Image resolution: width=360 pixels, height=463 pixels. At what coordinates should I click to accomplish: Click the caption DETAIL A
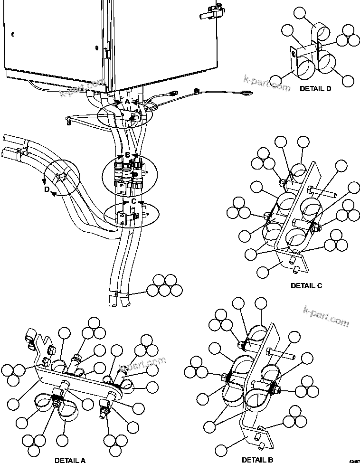click(70, 460)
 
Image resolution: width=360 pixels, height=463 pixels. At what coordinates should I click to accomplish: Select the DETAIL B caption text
click(257, 460)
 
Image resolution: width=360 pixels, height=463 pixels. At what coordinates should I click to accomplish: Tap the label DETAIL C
click(306, 285)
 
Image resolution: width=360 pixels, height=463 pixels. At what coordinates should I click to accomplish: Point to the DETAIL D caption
click(315, 88)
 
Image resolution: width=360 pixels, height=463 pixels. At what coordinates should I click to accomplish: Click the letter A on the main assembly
click(127, 102)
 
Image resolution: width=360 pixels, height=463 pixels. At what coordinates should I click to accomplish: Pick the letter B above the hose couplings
click(127, 155)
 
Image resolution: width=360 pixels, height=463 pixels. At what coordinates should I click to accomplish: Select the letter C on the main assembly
click(134, 201)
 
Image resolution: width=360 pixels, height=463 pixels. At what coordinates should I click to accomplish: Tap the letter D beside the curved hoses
click(47, 189)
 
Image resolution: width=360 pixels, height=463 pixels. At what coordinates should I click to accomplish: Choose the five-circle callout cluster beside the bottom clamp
click(164, 285)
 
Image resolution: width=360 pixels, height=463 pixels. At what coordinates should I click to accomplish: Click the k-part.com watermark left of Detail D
click(266, 84)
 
